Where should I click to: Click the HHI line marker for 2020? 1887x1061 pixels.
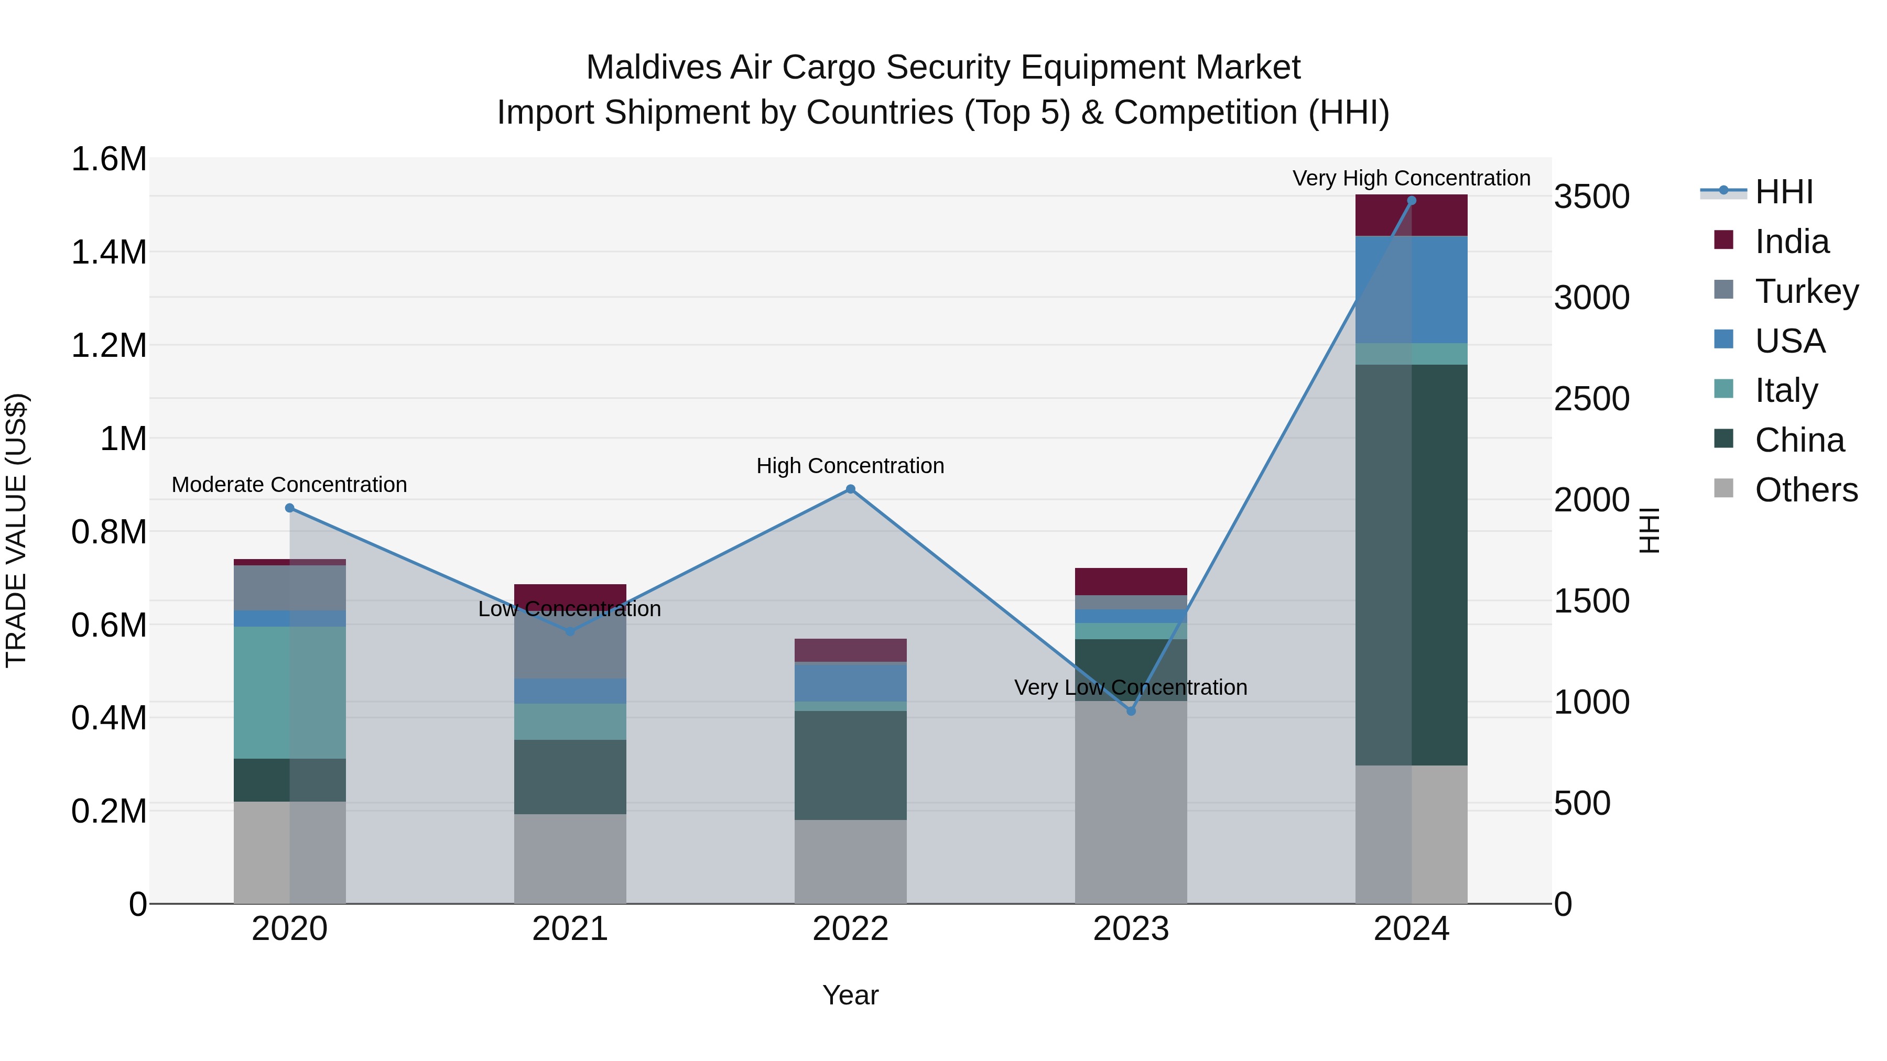pos(289,508)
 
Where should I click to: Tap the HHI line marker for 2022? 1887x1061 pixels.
pos(851,489)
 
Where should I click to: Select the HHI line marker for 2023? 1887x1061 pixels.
pos(1131,711)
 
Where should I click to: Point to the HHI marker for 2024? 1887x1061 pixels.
pos(1412,201)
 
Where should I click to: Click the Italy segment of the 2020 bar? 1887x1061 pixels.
pos(289,692)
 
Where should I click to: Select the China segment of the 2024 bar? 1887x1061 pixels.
pos(1412,564)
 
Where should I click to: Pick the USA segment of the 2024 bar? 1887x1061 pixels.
pos(1412,289)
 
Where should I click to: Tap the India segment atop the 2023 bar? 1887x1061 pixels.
pos(1131,582)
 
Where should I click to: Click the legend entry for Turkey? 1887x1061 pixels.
pos(1806,291)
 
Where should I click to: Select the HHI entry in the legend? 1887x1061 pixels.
pos(1783,192)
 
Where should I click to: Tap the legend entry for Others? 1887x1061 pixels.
pos(1806,490)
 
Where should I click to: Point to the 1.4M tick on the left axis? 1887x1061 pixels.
pos(109,253)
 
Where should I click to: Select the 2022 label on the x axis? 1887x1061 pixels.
pos(851,929)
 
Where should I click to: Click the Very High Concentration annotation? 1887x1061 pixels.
pos(1411,178)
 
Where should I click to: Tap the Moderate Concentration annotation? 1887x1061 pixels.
pos(289,485)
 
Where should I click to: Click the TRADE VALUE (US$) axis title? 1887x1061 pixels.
pos(16,530)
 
